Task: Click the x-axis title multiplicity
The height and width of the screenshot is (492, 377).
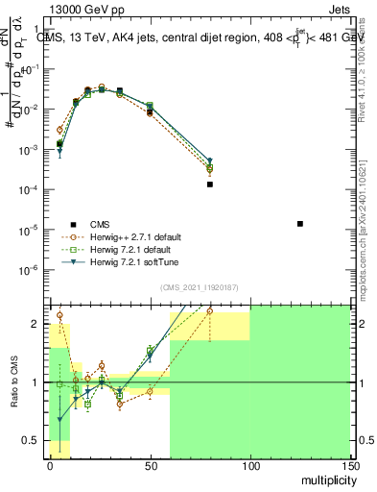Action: click(327, 478)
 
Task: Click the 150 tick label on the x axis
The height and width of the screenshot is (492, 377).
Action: click(351, 465)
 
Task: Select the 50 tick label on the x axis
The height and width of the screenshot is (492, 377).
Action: click(151, 465)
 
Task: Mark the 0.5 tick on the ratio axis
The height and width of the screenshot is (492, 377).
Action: click(33, 441)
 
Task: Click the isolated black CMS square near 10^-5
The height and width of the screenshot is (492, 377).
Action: click(300, 224)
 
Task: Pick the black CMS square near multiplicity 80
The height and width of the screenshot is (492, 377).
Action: click(210, 184)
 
